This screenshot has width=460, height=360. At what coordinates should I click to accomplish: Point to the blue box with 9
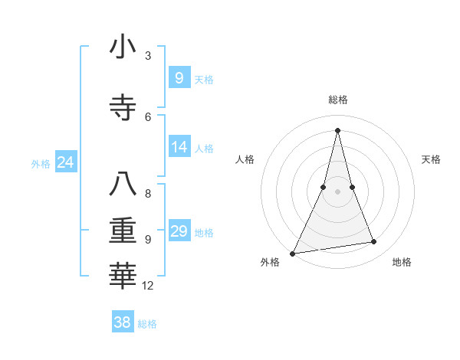tap(179, 77)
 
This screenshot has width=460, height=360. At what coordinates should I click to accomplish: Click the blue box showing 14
tap(179, 146)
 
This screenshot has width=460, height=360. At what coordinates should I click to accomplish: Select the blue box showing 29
tap(179, 231)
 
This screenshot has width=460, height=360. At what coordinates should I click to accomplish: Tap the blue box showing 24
tap(65, 162)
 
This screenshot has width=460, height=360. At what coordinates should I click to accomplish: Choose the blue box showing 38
tap(123, 322)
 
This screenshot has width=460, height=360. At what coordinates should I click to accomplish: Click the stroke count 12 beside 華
tap(147, 286)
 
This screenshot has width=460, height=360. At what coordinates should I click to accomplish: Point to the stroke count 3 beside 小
tap(147, 55)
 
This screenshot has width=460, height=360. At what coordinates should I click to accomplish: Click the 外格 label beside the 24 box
tap(41, 163)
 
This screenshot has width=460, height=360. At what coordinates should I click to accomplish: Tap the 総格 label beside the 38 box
tap(147, 324)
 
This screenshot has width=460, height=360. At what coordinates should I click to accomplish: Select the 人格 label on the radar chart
tap(245, 159)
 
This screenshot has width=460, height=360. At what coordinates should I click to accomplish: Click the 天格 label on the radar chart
tap(431, 159)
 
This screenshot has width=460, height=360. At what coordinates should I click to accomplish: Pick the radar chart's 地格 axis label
tap(402, 262)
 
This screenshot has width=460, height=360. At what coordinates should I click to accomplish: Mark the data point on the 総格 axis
tap(337, 130)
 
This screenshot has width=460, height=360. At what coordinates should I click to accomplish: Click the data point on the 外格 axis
tap(292, 254)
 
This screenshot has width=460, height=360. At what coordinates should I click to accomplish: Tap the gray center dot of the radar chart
tap(337, 191)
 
